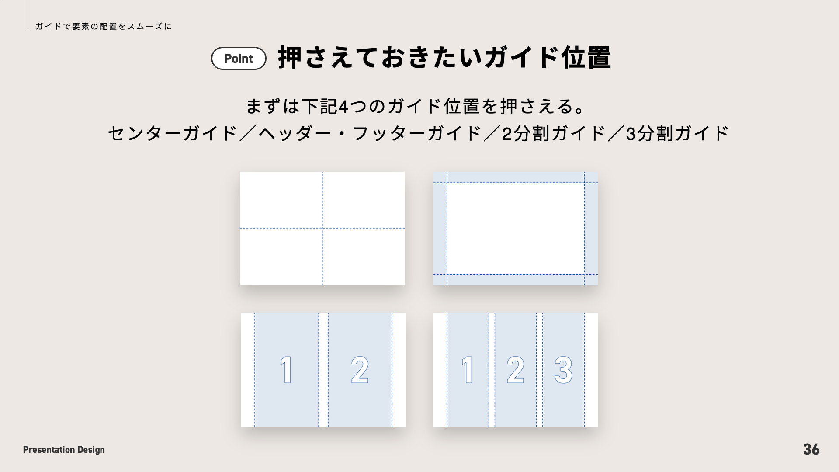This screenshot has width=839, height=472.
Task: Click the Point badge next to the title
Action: point(239,59)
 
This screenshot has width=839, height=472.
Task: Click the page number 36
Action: point(811,449)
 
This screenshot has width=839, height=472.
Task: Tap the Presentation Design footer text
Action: point(64,450)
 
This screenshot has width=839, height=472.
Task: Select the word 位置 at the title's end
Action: point(586,58)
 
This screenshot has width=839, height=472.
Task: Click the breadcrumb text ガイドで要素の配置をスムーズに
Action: point(104,27)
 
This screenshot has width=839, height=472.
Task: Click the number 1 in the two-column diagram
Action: point(286,370)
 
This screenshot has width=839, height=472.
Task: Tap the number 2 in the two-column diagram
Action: point(360,370)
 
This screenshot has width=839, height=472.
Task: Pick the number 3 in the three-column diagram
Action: point(563,370)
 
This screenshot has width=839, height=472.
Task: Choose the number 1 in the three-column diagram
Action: point(468,370)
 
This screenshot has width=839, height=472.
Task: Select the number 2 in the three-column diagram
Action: point(516,370)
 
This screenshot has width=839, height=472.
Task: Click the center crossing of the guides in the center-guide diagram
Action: point(322,229)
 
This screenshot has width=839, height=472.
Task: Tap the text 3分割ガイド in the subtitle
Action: point(678,134)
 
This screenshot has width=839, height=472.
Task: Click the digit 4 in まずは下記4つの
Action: point(343,107)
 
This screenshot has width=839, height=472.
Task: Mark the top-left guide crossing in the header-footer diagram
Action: point(447,183)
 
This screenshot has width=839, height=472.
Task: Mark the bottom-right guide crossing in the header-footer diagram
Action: point(584,274)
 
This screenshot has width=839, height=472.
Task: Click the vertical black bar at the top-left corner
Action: point(28,15)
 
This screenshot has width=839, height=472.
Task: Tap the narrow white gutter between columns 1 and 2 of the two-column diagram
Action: point(323,370)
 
